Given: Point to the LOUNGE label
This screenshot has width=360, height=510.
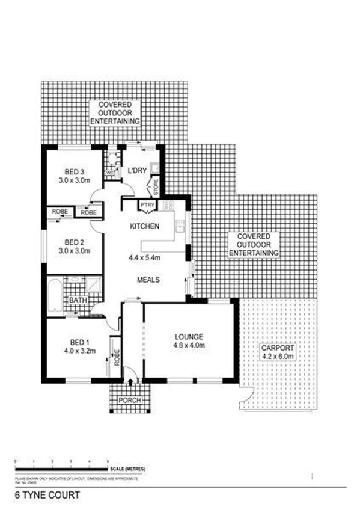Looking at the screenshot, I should pyautogui.click(x=189, y=336).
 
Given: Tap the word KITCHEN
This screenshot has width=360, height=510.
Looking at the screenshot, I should pyautogui.click(x=145, y=227).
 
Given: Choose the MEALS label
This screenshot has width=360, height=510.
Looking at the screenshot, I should pyautogui.click(x=147, y=280).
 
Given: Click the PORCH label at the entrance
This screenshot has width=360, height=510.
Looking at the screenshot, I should pyautogui.click(x=129, y=401).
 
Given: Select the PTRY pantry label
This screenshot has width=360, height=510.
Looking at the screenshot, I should pyautogui.click(x=147, y=206).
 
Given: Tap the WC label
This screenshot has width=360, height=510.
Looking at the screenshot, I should pyautogui.click(x=110, y=174).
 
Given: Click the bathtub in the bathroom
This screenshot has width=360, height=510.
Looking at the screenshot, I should pyautogui.click(x=55, y=294).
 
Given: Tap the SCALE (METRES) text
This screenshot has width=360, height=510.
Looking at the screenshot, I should pyautogui.click(x=127, y=469).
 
